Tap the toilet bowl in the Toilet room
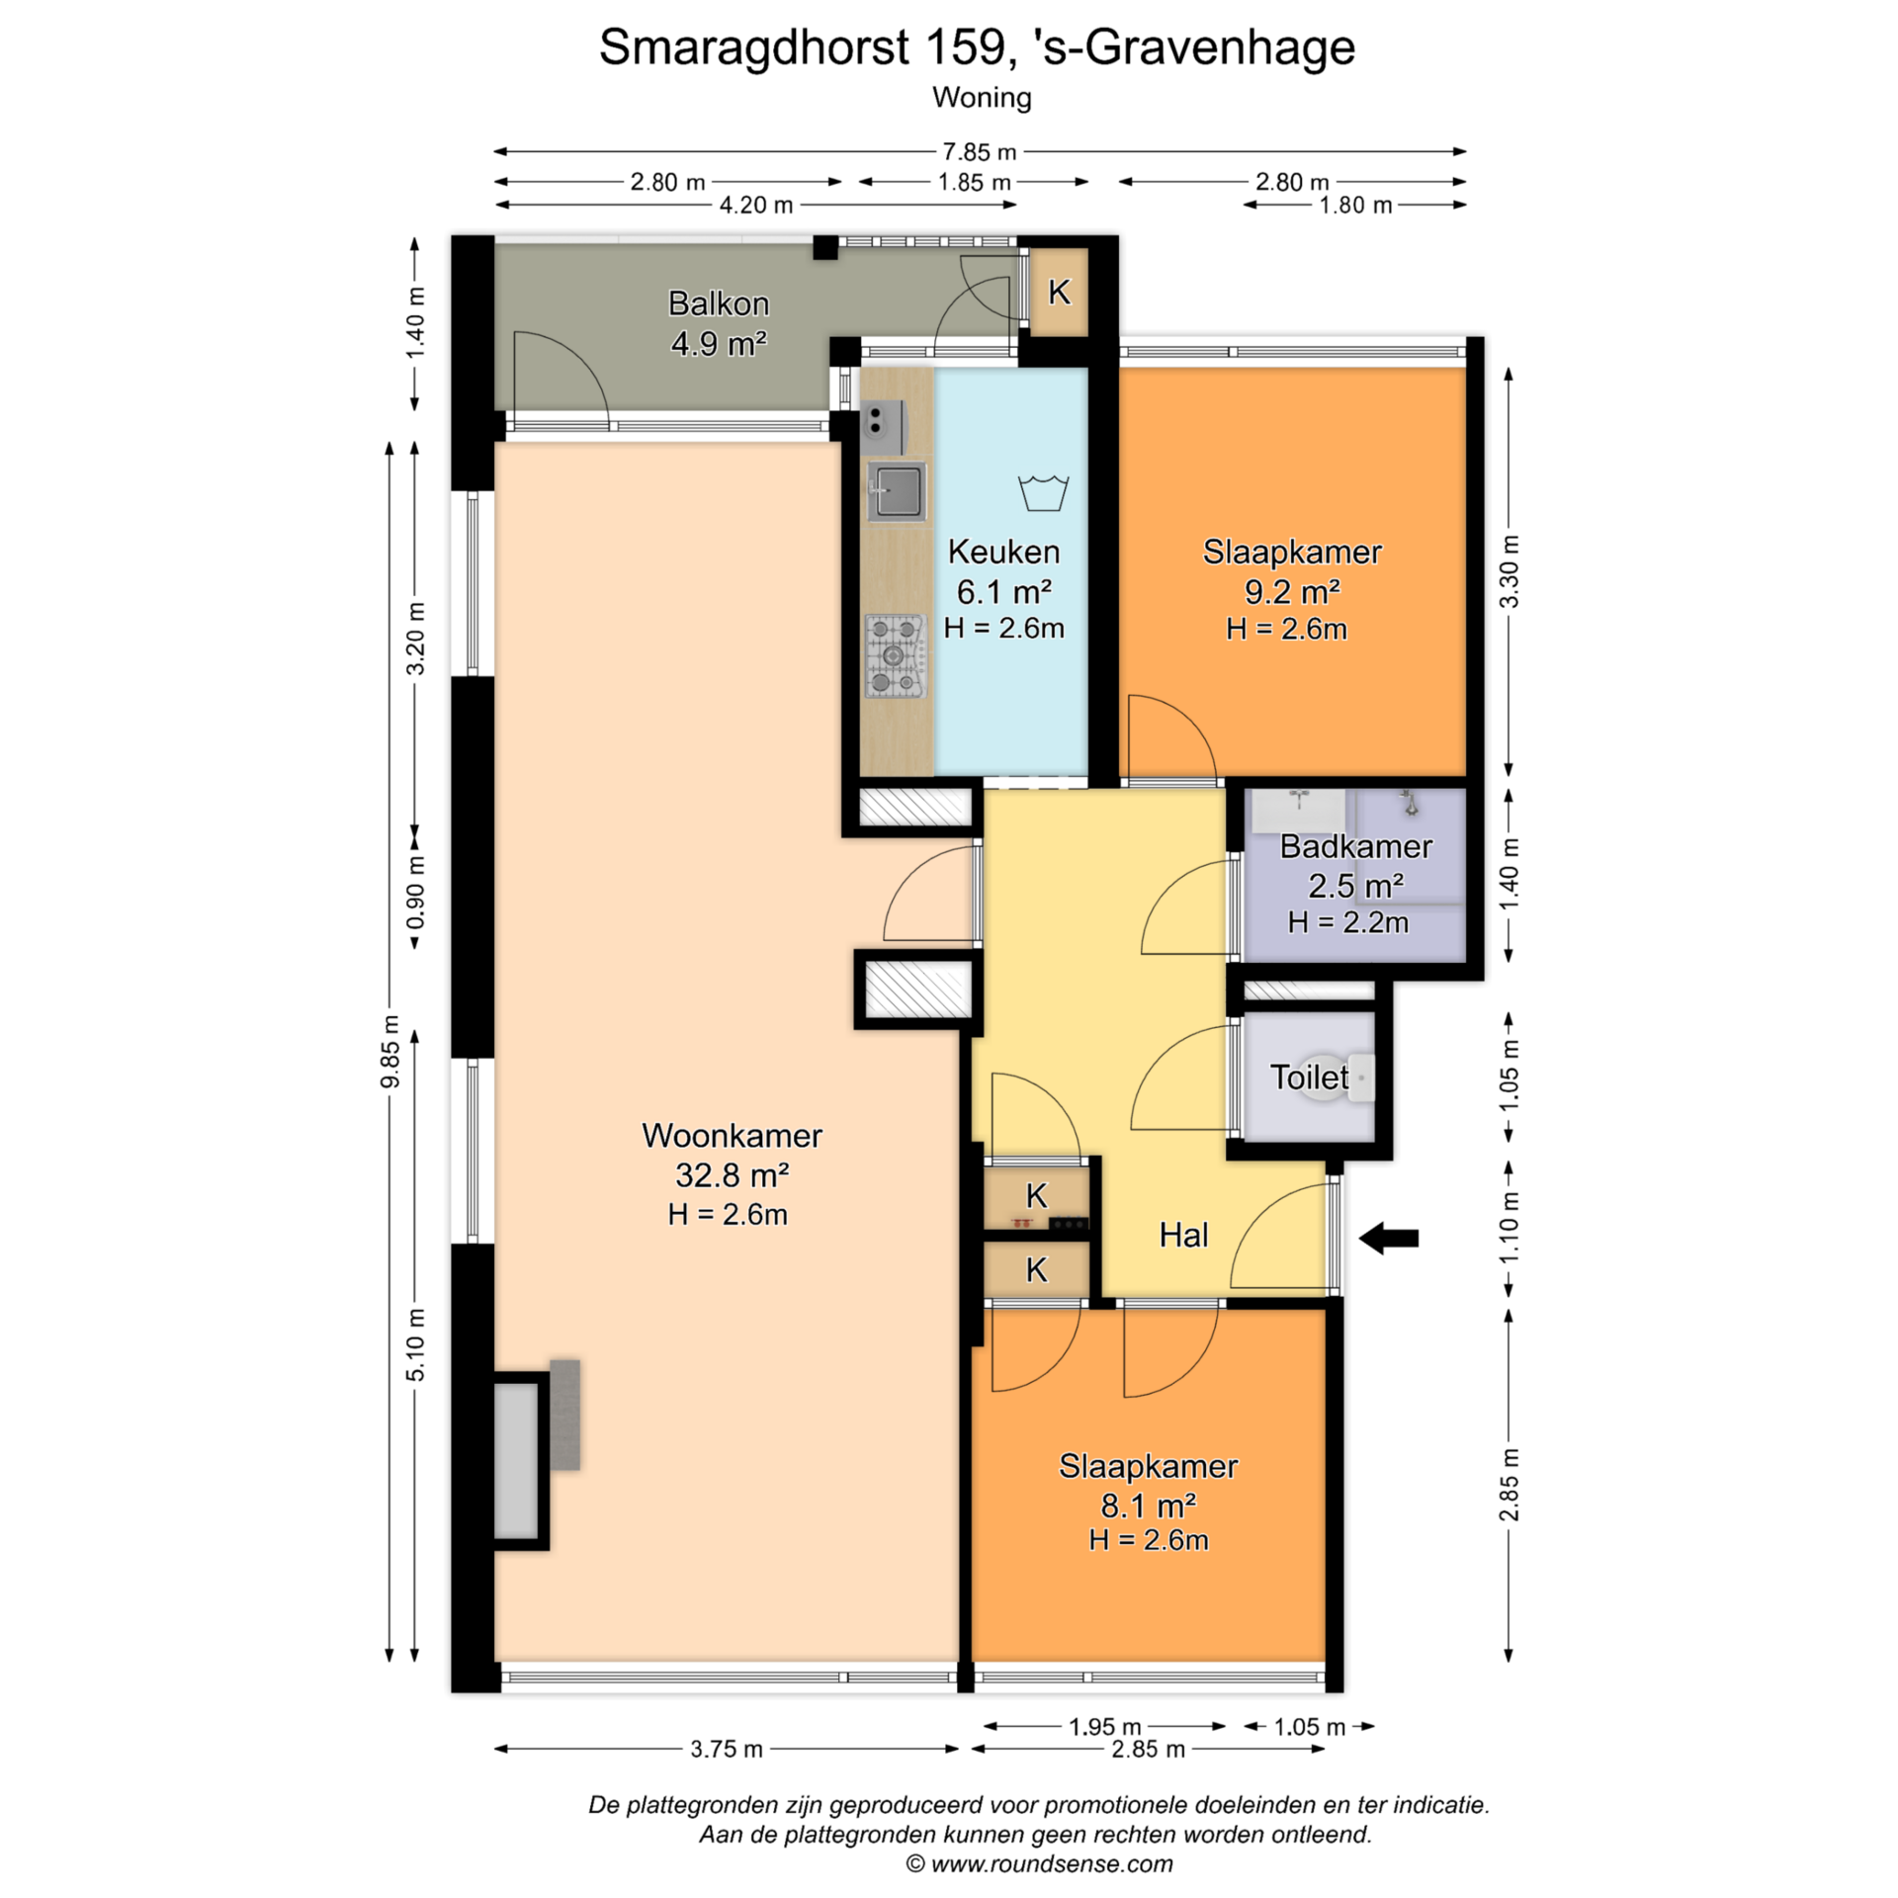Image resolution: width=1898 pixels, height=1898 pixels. pos(1360,1077)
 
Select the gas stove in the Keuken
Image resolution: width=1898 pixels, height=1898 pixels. pos(896,655)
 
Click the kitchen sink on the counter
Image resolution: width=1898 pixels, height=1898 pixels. pos(897,491)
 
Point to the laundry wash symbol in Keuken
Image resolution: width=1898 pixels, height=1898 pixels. pos(1043,492)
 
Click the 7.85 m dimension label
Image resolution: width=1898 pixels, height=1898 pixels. pos(979,152)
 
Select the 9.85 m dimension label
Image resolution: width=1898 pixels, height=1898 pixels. pos(390,1051)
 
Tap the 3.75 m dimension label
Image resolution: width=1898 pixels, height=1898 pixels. pos(727,1749)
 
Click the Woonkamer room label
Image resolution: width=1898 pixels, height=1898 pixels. pos(732,1135)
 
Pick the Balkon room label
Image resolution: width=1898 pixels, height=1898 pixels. pos(719,303)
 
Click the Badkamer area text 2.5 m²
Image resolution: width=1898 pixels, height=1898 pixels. pos(1355,886)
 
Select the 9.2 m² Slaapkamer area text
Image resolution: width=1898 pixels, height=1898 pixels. pos(1292,591)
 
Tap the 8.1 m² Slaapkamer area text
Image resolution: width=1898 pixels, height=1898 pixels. pos(1148,1506)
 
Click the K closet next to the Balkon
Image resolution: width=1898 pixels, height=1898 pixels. pos(1059,293)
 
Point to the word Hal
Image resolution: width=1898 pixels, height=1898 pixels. pos(1183,1235)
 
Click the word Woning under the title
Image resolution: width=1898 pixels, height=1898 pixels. pos(982,98)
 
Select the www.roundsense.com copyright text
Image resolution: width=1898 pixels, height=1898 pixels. pos(1039,1864)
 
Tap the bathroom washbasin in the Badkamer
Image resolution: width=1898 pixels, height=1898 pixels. pos(1299,811)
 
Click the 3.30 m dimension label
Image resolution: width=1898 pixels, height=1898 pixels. pos(1509,572)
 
